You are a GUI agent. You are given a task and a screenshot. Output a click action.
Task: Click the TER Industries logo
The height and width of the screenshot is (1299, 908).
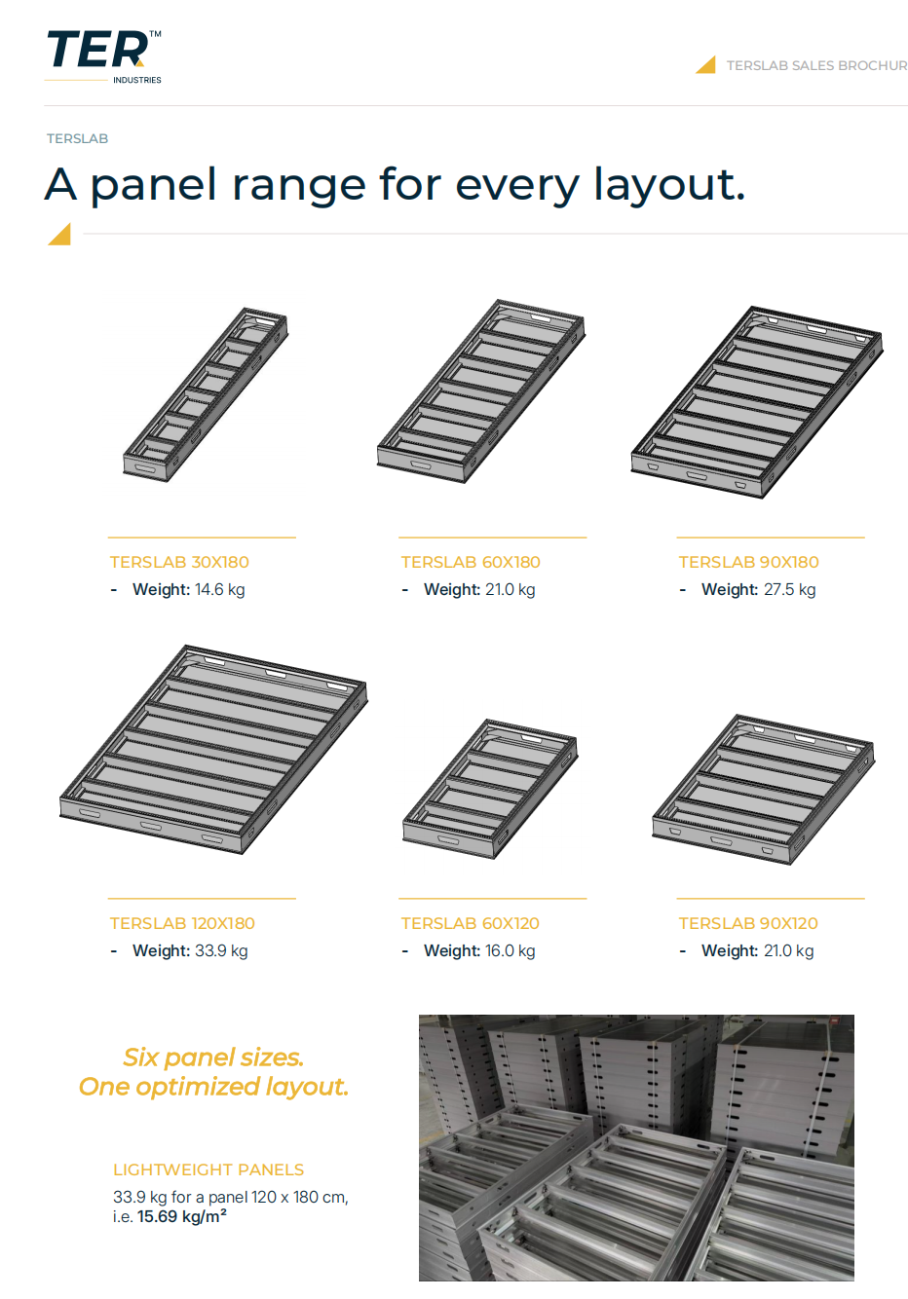click(x=103, y=56)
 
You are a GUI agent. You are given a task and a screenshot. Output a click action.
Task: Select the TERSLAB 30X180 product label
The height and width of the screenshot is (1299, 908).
click(x=179, y=562)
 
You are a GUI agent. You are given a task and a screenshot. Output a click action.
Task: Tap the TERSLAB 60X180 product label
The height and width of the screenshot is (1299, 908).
click(x=471, y=562)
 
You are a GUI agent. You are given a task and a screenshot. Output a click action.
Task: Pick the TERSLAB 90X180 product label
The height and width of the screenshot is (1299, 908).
click(x=748, y=562)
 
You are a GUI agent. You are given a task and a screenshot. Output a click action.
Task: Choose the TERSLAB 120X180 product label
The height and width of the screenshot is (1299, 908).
click(x=182, y=923)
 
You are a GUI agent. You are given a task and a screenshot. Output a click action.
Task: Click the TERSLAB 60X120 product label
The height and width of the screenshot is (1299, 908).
click(x=470, y=923)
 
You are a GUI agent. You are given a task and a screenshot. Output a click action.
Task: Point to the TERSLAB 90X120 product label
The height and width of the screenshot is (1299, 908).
click(x=748, y=923)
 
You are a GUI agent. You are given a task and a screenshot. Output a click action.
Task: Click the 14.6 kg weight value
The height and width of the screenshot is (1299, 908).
click(x=220, y=590)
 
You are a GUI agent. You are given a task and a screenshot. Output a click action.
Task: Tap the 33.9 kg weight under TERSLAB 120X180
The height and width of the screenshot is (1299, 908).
click(x=221, y=951)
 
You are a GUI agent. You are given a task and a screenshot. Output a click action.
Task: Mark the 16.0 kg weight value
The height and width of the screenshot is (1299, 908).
click(x=510, y=951)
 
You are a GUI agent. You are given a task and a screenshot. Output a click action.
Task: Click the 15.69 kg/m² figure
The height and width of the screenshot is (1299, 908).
click(x=181, y=1216)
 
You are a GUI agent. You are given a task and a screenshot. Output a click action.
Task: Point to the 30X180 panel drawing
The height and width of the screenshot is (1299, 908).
click(x=206, y=394)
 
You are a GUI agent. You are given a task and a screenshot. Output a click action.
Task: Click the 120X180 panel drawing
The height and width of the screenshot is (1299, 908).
click(x=213, y=749)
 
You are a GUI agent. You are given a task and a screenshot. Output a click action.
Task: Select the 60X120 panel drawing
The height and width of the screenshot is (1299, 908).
click(x=490, y=789)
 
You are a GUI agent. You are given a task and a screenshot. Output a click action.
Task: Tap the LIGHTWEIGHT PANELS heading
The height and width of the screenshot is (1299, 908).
click(x=208, y=1169)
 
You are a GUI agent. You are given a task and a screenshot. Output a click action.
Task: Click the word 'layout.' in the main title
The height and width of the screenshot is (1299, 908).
click(x=669, y=185)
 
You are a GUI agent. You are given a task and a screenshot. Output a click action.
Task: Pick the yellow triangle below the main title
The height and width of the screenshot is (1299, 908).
click(x=59, y=235)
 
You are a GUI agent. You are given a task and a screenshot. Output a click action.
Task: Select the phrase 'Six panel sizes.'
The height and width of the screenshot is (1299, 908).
click(x=213, y=1058)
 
